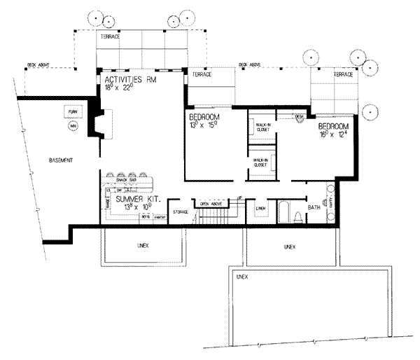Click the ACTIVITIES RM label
pyautogui.click(x=129, y=79)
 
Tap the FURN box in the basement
pyautogui.click(x=71, y=112)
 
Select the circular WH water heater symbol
pyautogui.click(x=71, y=127)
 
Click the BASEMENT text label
pyautogui.click(x=61, y=160)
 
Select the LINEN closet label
pyautogui.click(x=260, y=209)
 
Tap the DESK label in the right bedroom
pyautogui.click(x=299, y=116)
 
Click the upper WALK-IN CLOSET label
pyautogui.click(x=263, y=126)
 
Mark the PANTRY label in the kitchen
pyautogui.click(x=159, y=218)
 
